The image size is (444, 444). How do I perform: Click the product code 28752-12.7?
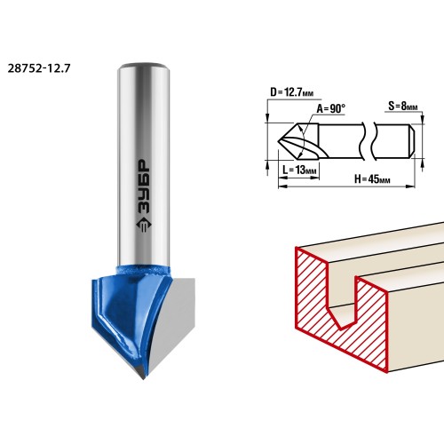point(39,68)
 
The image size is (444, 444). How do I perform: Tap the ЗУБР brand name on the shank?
point(145,186)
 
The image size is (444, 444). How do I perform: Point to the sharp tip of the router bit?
point(144,379)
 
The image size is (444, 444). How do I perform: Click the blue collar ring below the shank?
point(143,271)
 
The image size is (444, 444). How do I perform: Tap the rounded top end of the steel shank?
point(143,66)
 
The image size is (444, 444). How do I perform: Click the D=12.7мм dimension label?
point(291,92)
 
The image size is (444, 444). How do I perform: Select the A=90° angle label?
point(331,108)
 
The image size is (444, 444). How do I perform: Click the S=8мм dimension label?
point(403,107)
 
